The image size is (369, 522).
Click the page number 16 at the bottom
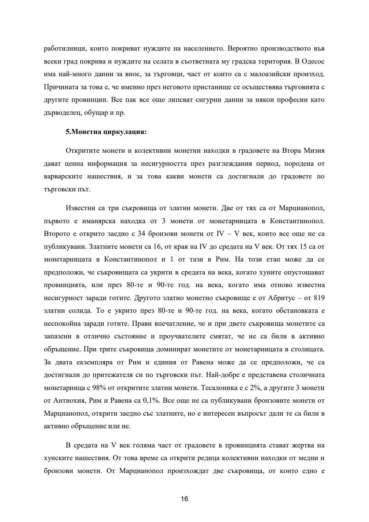click(184, 499)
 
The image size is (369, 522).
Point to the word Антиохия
click(69, 401)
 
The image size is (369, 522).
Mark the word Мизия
click(314, 151)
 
